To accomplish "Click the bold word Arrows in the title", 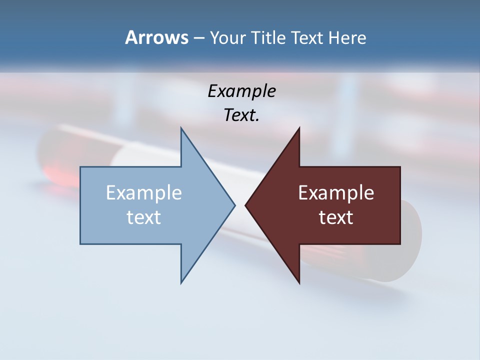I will pos(156,37).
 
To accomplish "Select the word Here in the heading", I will pos(347,38).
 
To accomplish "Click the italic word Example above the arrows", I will pos(241,91).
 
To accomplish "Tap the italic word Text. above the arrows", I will pos(241,115).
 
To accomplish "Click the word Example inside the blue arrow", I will pos(144,193).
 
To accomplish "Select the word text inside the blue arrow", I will pos(144,217).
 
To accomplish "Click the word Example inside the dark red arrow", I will pos(336,193).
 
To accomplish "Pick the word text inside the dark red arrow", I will pos(336,217).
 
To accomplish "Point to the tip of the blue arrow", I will pos(234,205).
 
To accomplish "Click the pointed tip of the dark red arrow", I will pos(246,205).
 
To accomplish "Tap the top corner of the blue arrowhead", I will pos(181,128).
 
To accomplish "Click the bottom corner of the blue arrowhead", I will pos(181,282).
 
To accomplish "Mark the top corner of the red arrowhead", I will pos(299,128).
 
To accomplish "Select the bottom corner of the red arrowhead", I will pos(299,282).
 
